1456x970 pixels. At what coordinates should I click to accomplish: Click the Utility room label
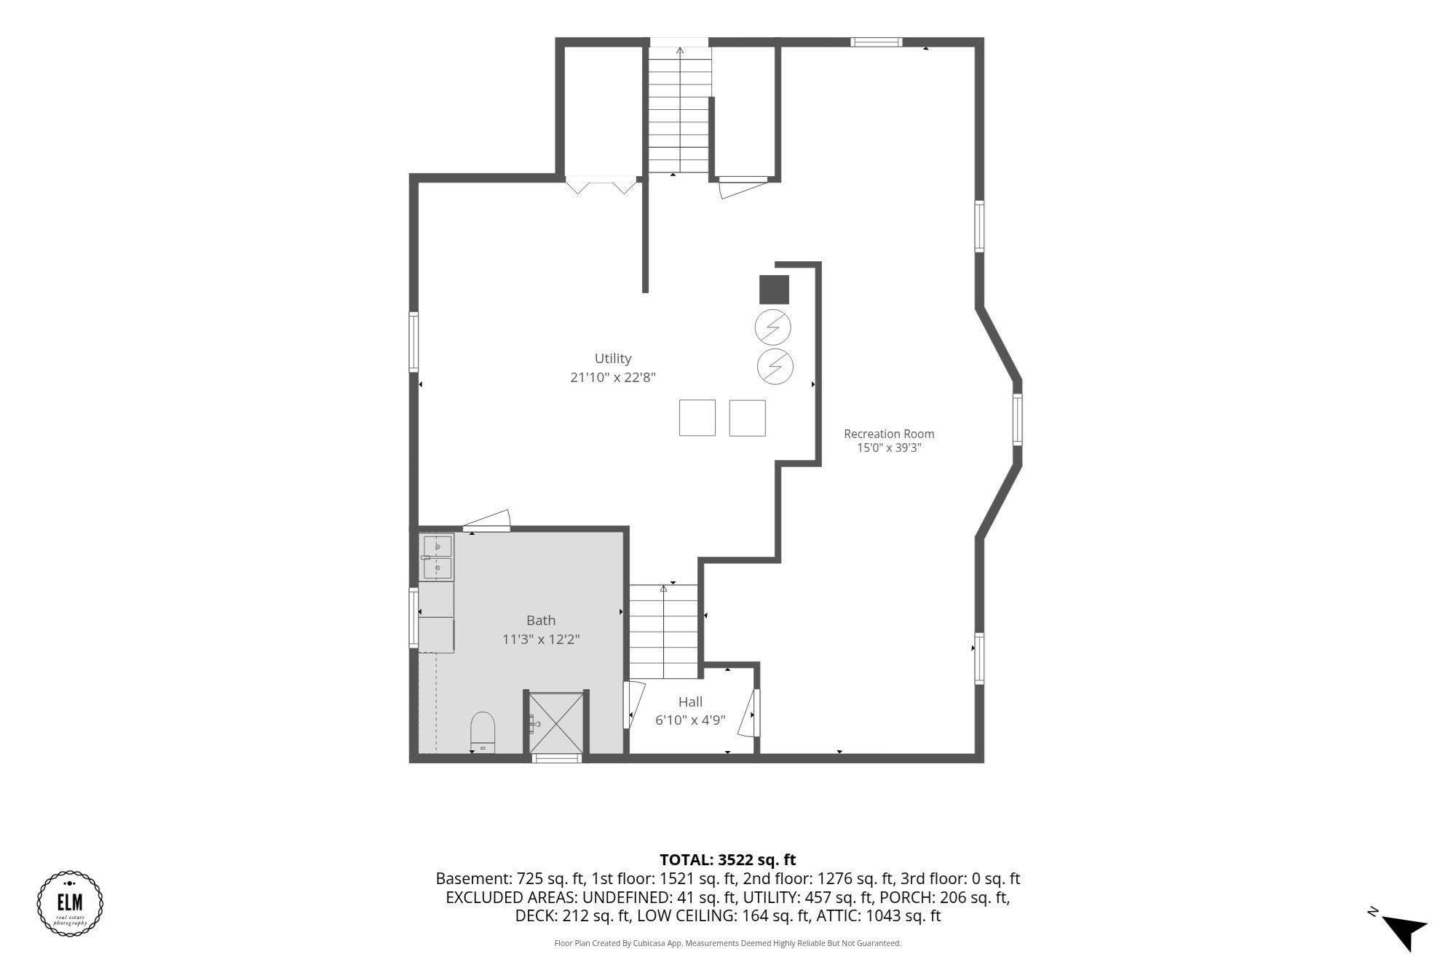point(613,358)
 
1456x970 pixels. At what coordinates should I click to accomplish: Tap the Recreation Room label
point(889,434)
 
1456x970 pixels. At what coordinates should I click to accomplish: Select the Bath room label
point(541,620)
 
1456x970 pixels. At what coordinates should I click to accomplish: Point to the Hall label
point(690,701)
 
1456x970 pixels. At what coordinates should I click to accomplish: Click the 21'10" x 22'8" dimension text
point(613,377)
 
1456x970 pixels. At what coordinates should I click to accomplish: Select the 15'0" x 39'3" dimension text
point(889,448)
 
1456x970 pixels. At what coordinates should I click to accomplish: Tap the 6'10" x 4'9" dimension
point(690,720)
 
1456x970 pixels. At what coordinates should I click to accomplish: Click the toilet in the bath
point(483,732)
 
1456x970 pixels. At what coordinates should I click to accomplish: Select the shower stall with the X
point(556,723)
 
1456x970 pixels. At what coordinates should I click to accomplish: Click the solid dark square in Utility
point(774,290)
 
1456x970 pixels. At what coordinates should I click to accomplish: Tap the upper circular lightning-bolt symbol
point(774,328)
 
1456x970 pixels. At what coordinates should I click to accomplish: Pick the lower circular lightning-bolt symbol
point(775,366)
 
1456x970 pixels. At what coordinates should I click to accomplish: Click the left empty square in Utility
point(697,418)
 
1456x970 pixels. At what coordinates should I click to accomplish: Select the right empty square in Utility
point(748,418)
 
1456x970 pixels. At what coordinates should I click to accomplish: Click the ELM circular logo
point(70,903)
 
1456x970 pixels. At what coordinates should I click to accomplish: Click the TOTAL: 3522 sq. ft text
point(728,860)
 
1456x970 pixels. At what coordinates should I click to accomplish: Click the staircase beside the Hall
point(663,632)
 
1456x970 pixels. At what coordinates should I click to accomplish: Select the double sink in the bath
point(437,557)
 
